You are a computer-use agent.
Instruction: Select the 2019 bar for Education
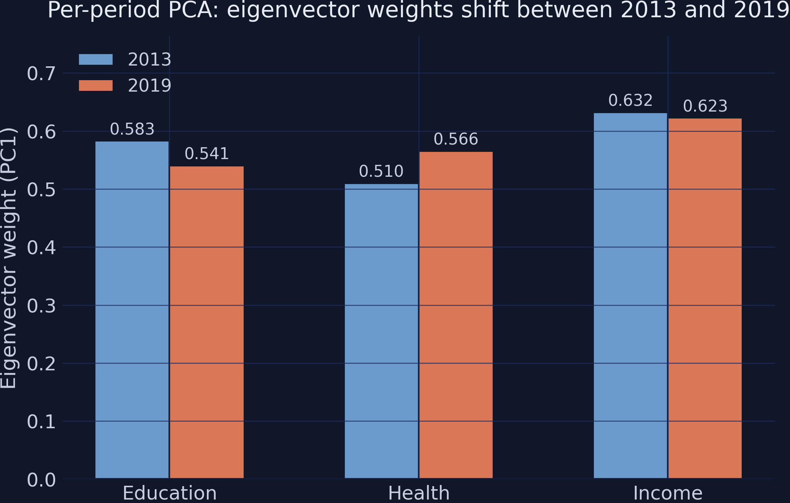207,322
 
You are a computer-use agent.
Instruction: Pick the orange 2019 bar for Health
456,315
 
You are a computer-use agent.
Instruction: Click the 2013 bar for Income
630,296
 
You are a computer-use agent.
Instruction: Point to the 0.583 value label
132,130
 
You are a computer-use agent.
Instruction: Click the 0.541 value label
207,154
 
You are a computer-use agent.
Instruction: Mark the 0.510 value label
381,172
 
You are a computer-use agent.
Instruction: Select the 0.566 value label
456,140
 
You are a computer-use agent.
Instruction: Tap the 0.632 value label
630,101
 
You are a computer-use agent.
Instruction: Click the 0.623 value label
705,107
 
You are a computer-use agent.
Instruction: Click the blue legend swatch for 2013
96,59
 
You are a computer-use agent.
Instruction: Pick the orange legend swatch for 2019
96,85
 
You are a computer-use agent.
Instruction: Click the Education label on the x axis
169,493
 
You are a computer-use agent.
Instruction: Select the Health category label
419,493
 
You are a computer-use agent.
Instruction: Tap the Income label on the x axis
668,493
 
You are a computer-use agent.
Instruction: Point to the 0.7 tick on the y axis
41,74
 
